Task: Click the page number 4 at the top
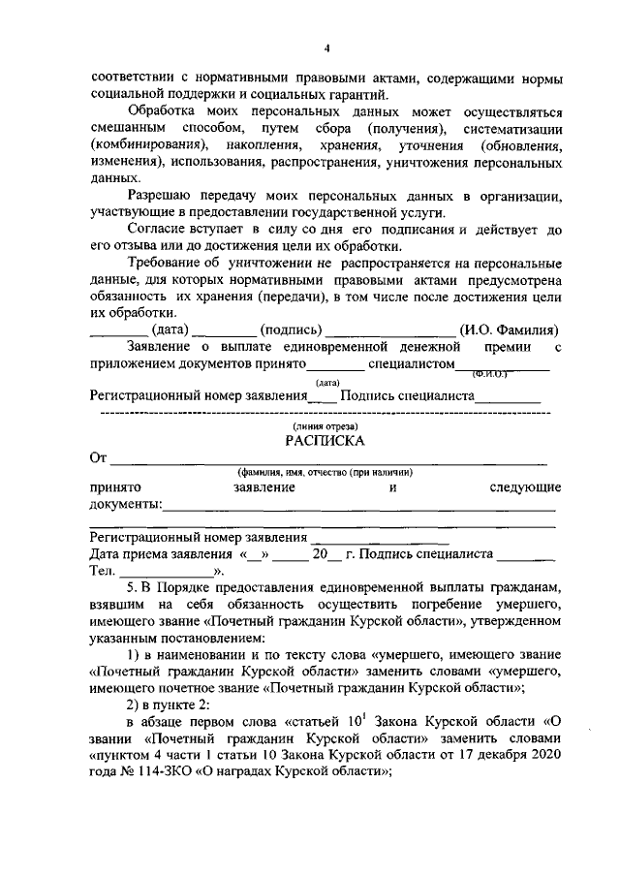[x=326, y=49]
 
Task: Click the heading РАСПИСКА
[x=325, y=440]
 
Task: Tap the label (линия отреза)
[x=325, y=425]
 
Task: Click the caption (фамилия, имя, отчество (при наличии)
[x=325, y=472]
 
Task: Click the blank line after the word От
[x=329, y=462]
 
